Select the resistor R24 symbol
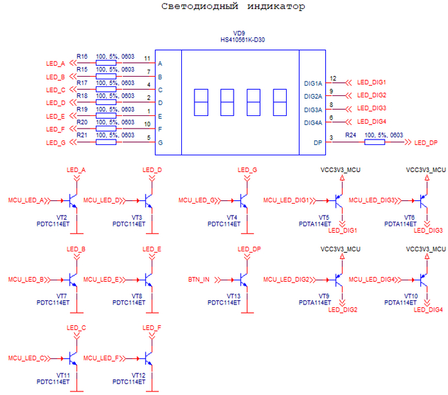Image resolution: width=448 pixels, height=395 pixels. tap(374, 142)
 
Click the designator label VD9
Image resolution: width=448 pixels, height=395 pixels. tap(239, 32)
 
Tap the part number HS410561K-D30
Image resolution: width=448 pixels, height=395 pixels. tap(238, 40)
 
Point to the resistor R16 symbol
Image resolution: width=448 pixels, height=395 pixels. tap(105, 64)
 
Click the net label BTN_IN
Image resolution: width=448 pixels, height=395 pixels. tap(198, 280)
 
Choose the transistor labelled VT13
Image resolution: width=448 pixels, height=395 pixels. tap(241, 280)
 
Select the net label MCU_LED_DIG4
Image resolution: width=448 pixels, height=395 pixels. tap(373, 280)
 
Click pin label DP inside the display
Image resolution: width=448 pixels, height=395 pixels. tap(318, 142)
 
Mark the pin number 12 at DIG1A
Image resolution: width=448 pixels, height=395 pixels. tap(333, 79)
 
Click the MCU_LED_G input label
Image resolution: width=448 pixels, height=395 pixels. tap(196, 200)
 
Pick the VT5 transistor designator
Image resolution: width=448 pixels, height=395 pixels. tap(324, 218)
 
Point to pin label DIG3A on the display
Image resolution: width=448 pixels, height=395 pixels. tap(313, 110)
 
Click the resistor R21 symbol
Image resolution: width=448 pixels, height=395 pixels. tap(105, 142)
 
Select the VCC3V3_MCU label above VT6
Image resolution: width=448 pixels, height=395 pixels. tap(426, 169)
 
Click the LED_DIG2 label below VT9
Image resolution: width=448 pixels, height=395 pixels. tap(343, 309)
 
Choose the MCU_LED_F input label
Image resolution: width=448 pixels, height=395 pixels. tap(102, 358)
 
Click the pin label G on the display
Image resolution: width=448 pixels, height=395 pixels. tap(161, 142)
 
